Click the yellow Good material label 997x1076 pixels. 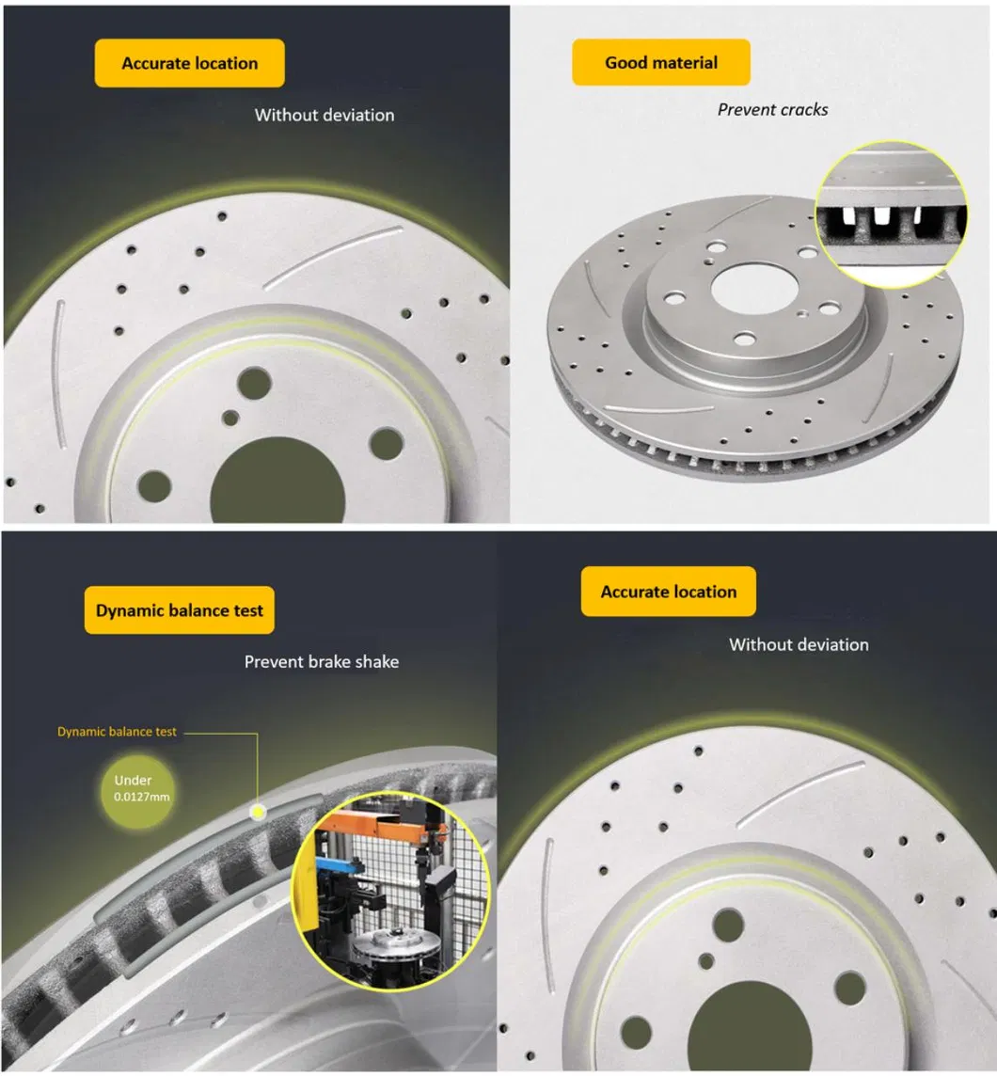click(x=660, y=63)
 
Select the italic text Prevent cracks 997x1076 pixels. click(x=772, y=109)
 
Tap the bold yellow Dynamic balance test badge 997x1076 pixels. click(x=180, y=610)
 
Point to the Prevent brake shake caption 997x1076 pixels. click(x=321, y=661)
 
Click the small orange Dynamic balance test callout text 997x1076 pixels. click(x=117, y=731)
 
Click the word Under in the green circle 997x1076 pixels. click(x=133, y=780)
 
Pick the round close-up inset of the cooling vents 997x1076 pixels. click(x=889, y=214)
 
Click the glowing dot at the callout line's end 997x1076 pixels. click(x=257, y=811)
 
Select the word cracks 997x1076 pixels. click(x=802, y=109)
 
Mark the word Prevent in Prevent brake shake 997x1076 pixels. click(x=274, y=661)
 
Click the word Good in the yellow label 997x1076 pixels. click(x=625, y=63)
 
